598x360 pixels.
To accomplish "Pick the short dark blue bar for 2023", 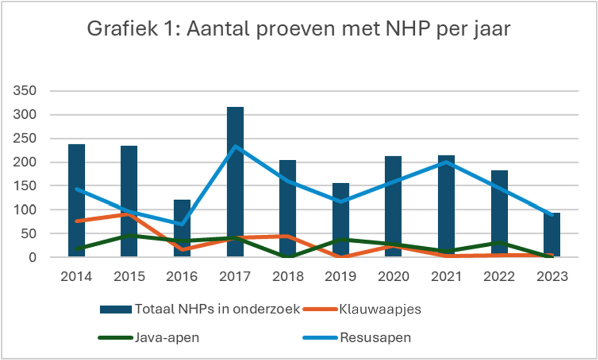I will point(552,234).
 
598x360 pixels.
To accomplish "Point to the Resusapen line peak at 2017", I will point(235,146).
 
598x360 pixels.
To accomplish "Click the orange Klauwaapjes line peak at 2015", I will point(129,214).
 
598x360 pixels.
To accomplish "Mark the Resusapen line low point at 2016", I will point(182,224).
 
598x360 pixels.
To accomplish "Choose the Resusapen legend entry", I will point(375,337).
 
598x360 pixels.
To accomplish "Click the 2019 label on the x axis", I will point(341,277).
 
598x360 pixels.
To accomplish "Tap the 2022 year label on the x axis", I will point(499,277).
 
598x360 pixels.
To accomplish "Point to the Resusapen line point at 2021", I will point(447,162).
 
